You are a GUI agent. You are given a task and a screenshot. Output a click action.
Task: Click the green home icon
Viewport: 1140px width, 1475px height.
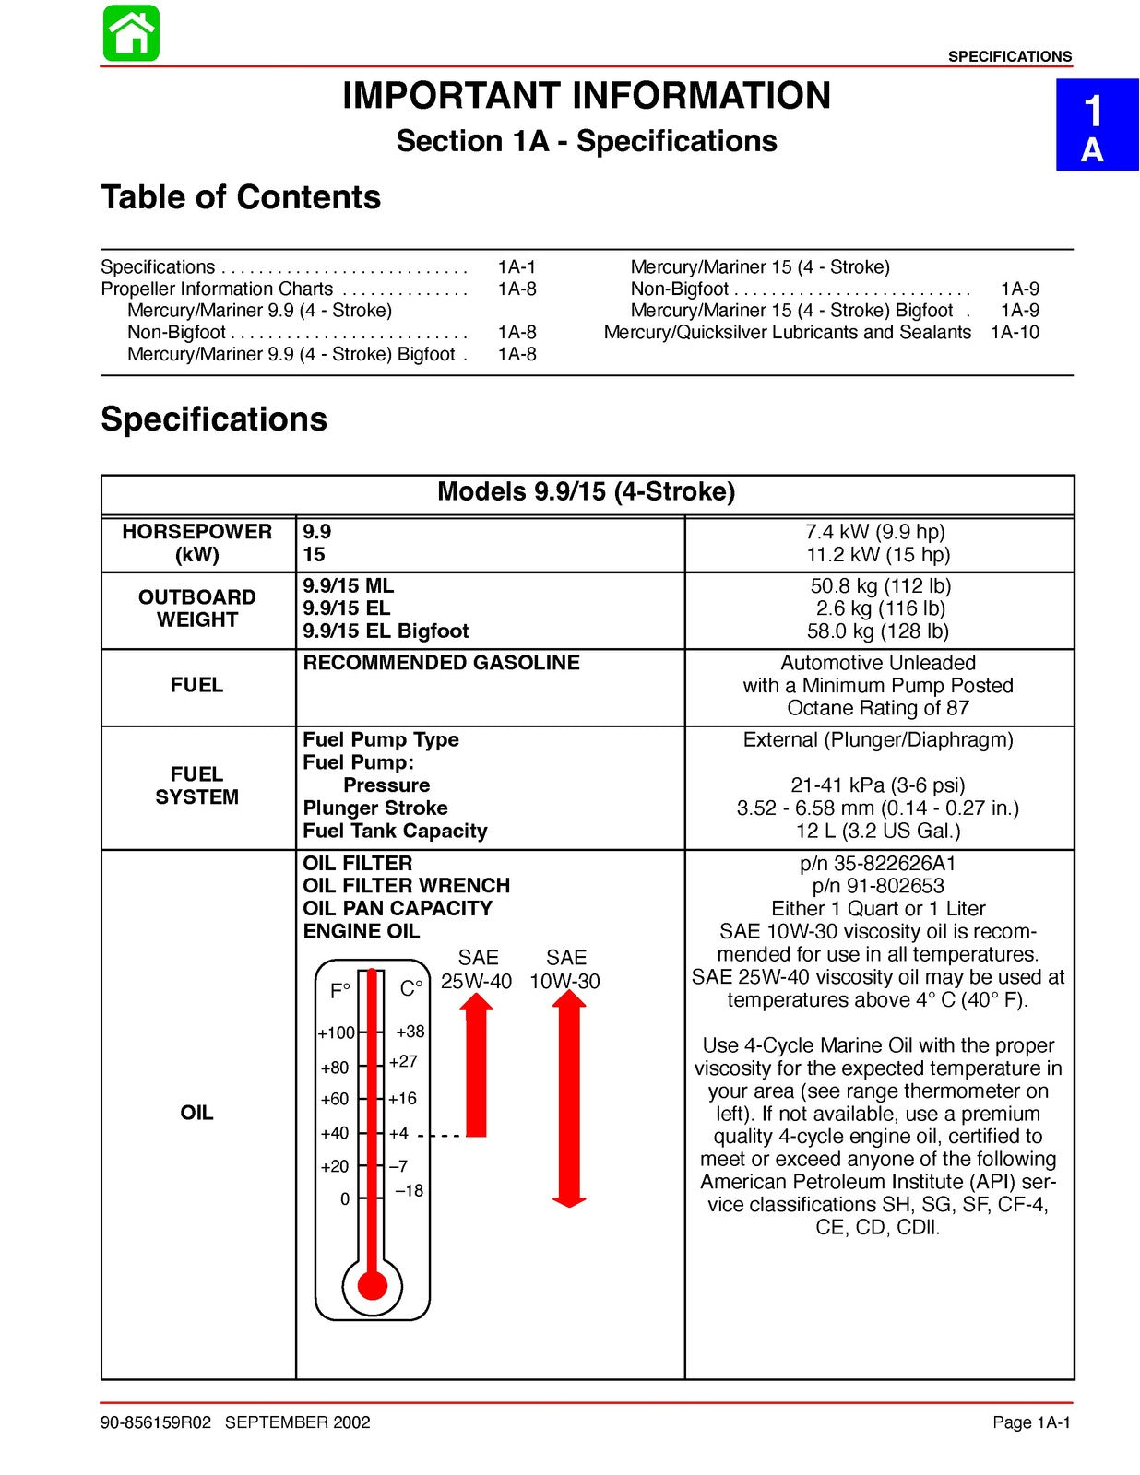(131, 33)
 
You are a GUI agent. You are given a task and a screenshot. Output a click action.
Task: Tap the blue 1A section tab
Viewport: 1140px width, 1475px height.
(1096, 125)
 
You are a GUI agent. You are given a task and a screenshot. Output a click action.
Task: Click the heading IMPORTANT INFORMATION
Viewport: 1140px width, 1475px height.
(587, 96)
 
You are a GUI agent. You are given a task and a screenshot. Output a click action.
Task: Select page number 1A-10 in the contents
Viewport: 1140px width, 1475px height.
(1015, 332)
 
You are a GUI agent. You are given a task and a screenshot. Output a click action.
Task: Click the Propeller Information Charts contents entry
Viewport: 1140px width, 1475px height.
(217, 289)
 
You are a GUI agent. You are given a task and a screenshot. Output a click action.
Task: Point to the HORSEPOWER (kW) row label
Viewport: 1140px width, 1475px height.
(197, 543)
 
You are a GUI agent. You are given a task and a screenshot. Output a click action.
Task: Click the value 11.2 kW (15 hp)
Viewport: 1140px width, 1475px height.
(878, 555)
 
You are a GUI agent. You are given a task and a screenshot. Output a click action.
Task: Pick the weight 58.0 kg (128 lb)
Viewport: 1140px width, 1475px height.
(878, 631)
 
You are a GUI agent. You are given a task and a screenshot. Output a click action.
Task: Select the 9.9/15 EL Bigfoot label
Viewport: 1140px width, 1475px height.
(386, 631)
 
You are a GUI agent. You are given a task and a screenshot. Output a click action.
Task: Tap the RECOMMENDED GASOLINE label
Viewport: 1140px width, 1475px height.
(441, 663)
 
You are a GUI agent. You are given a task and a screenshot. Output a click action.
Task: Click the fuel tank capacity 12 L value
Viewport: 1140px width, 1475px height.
(878, 832)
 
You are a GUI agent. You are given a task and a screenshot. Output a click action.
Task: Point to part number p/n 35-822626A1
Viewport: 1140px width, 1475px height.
(878, 864)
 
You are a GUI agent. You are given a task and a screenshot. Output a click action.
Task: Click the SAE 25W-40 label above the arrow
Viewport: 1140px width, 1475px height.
(476, 970)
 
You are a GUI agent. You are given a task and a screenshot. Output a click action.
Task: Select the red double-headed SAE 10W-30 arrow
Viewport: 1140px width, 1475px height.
(569, 1098)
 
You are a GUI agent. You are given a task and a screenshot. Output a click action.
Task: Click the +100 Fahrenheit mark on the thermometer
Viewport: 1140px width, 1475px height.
(336, 1033)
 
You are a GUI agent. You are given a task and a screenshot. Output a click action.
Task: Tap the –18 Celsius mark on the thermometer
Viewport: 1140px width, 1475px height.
(409, 1191)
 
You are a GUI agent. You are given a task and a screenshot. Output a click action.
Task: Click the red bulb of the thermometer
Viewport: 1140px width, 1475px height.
(373, 1284)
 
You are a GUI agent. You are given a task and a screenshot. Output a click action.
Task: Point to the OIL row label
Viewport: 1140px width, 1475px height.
(197, 1113)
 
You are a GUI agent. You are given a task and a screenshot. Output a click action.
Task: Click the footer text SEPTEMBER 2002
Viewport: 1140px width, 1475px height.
(297, 1422)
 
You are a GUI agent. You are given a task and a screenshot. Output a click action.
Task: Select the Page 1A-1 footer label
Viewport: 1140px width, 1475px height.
(1031, 1422)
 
